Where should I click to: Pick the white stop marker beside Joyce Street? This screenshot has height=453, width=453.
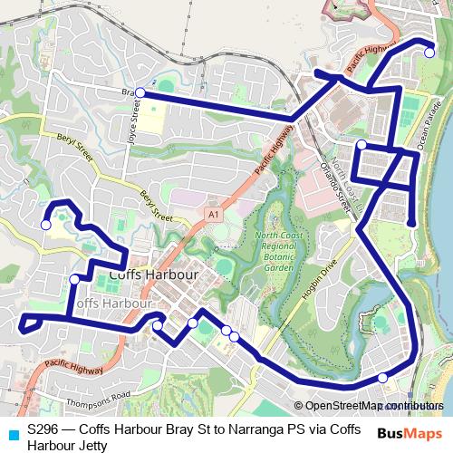click(x=140, y=92)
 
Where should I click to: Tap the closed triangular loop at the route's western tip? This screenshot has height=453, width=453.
click(x=29, y=322)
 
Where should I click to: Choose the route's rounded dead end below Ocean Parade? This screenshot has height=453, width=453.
click(x=411, y=223)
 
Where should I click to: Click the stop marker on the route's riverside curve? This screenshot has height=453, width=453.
click(x=382, y=378)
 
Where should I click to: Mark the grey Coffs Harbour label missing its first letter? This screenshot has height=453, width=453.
click(x=113, y=302)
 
